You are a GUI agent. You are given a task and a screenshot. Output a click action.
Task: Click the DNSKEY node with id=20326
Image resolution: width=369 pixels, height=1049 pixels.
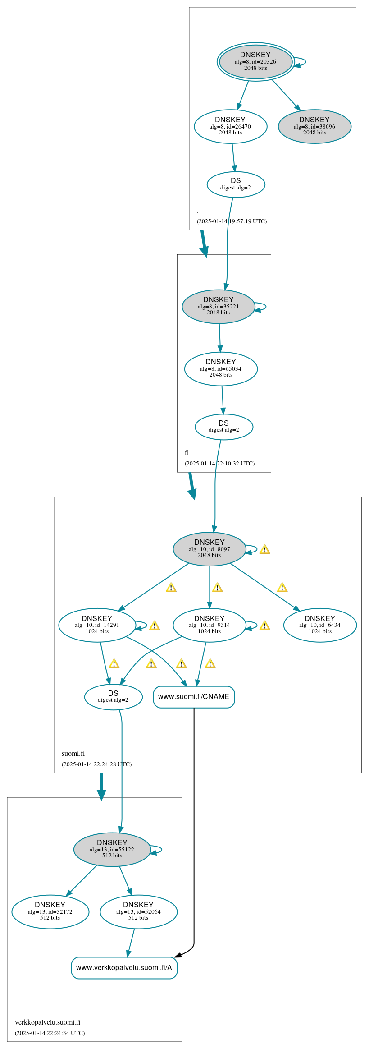[x=255, y=62]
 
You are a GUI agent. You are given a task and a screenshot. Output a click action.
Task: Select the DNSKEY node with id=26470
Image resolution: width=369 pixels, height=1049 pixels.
[x=230, y=127]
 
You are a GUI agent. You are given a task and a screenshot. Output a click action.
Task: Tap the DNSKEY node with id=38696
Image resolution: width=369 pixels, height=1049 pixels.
[x=314, y=127]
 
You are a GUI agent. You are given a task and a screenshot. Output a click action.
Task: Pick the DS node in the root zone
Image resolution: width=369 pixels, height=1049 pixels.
[x=236, y=184]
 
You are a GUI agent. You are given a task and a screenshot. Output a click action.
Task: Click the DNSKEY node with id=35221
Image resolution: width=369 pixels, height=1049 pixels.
[x=219, y=307]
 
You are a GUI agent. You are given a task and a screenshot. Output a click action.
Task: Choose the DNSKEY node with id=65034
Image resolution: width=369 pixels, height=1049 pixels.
[x=221, y=369]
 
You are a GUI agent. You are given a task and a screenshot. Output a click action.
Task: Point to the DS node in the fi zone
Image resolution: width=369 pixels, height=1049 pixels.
[x=224, y=427]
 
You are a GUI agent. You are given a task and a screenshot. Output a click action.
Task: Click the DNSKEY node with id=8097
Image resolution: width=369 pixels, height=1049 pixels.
[x=210, y=549]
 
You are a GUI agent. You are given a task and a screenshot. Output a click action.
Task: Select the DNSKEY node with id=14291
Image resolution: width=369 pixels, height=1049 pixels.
[x=97, y=626]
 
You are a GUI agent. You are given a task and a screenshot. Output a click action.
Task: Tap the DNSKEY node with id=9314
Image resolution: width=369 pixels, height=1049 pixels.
[x=210, y=626]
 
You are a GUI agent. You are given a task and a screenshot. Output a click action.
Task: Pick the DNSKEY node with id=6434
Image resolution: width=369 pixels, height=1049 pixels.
[x=320, y=626]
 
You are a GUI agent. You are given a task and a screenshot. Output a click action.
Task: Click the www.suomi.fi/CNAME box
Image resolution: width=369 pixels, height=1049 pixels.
[x=194, y=697]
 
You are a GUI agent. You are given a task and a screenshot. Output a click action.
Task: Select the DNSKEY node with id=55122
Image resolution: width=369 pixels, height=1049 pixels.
[x=112, y=850]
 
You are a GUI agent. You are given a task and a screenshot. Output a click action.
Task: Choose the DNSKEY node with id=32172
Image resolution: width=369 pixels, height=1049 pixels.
[x=50, y=912]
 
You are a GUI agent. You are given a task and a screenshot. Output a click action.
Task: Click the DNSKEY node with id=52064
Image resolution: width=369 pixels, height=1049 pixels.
[x=138, y=912]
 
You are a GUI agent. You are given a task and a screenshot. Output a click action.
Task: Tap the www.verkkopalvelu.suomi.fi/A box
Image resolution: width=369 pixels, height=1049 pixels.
[x=124, y=968]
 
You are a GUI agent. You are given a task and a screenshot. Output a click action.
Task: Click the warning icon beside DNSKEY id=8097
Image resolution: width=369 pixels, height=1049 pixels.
[x=265, y=549]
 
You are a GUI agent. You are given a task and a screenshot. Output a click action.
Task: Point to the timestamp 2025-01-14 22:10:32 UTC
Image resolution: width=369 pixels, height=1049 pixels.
[x=219, y=464]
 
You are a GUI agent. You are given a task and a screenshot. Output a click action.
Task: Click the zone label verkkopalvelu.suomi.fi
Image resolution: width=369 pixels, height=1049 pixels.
[x=47, y=1022]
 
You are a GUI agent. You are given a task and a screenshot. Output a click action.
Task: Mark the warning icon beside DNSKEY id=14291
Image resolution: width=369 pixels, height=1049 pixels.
[x=155, y=626]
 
